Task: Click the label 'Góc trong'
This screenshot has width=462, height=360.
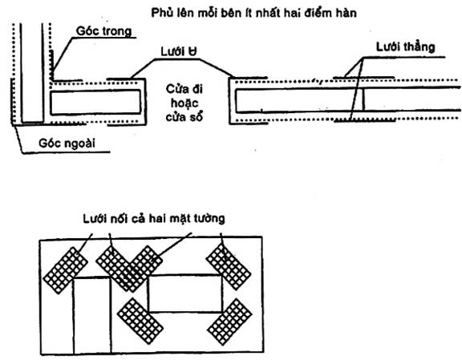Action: (x=103, y=31)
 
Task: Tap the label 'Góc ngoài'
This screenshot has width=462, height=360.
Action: (x=67, y=144)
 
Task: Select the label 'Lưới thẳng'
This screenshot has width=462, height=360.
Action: (x=405, y=47)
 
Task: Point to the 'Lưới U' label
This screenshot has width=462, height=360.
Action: (x=179, y=51)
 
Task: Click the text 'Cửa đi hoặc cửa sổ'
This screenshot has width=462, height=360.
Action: (x=184, y=103)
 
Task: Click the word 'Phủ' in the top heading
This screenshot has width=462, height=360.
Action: (x=162, y=13)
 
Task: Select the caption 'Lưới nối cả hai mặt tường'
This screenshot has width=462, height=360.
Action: (x=154, y=219)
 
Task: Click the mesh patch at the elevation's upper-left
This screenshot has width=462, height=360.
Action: (x=66, y=270)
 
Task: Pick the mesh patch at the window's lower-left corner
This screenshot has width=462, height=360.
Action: (x=140, y=321)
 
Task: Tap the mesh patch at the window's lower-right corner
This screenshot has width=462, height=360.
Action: (x=230, y=322)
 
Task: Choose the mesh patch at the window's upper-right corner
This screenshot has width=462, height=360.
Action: (x=229, y=267)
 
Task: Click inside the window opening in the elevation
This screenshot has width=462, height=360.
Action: (x=185, y=293)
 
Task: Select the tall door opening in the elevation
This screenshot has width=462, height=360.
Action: (x=92, y=315)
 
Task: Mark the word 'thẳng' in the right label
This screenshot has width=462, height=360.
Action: (x=419, y=47)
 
